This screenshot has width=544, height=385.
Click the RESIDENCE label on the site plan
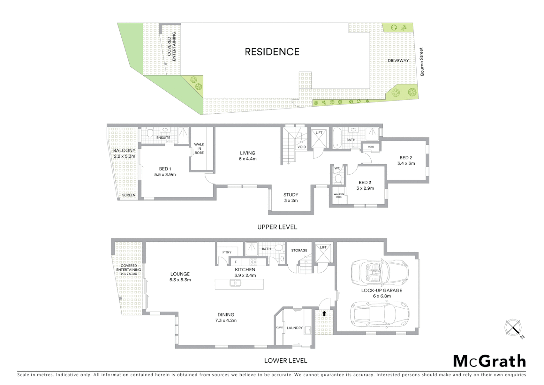pos(272,52)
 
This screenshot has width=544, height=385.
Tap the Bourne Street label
pos(422,62)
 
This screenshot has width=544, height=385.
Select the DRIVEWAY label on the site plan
pos(398,61)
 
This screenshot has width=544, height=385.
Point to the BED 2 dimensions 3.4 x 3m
pos(406,164)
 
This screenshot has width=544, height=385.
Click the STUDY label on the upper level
pos(291,195)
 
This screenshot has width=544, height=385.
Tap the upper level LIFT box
pos(319,138)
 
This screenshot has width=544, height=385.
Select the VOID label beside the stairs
pos(302,147)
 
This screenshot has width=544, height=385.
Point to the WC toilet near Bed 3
pos(338,178)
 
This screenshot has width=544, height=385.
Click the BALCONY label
pos(124,150)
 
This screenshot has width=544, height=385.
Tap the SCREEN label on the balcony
pos(129,195)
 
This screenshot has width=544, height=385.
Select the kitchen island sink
pos(235,283)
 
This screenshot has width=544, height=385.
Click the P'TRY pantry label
pos(227,252)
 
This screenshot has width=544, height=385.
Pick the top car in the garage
pos(380,273)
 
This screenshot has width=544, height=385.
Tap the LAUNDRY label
pos(294,328)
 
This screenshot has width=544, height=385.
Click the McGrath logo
pos(489,361)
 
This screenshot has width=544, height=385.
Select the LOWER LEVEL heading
pos(286,361)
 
